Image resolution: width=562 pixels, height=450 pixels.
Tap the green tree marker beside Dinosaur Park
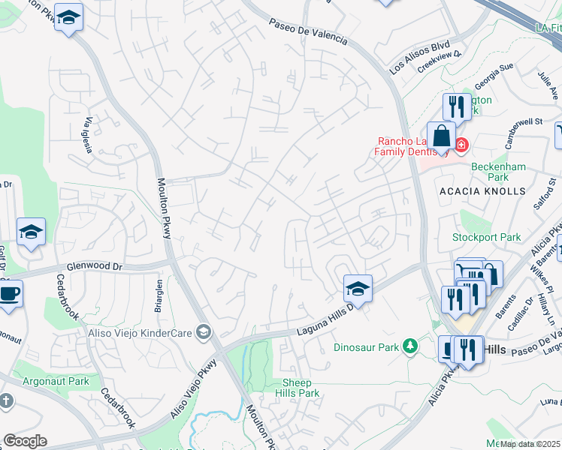pyautogui.click(x=410, y=346)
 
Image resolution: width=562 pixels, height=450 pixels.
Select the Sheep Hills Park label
pyautogui.click(x=297, y=388)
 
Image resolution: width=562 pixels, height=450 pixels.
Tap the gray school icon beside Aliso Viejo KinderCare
pyautogui.click(x=203, y=331)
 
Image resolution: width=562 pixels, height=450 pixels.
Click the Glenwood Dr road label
pyautogui.click(x=94, y=265)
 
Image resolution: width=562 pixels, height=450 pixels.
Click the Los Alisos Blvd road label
pyautogui.click(x=418, y=57)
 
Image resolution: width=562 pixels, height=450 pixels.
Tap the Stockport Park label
pyautogui.click(x=486, y=238)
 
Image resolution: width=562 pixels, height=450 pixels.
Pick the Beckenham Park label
pyautogui.click(x=489, y=172)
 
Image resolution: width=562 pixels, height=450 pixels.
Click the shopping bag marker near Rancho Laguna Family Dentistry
pyautogui.click(x=441, y=138)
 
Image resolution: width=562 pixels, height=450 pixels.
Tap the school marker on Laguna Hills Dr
pyautogui.click(x=358, y=289)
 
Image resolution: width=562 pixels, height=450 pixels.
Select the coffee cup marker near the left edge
pyautogui.click(x=9, y=293)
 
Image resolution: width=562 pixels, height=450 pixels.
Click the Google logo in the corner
pyautogui.click(x=25, y=441)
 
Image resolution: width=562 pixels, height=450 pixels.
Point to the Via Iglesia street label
pyautogui.click(x=89, y=135)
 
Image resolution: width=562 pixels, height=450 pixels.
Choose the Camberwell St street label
pyautogui.click(x=524, y=121)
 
